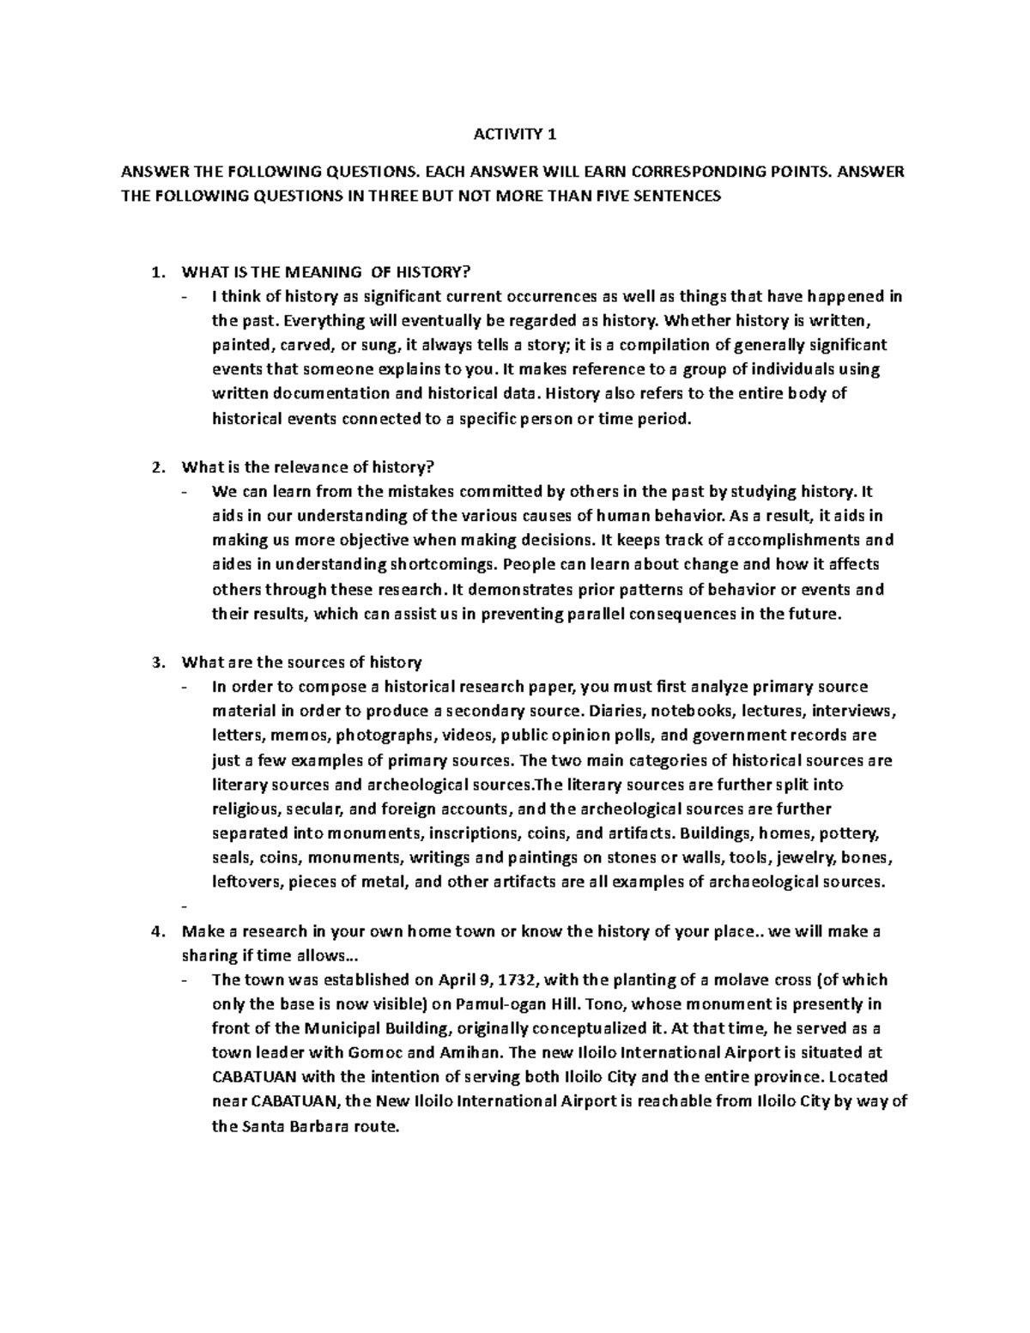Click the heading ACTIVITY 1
[x=515, y=134]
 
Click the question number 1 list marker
[x=155, y=273]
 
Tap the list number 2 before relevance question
[x=155, y=468]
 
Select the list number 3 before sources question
[x=155, y=663]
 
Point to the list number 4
[x=155, y=931]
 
